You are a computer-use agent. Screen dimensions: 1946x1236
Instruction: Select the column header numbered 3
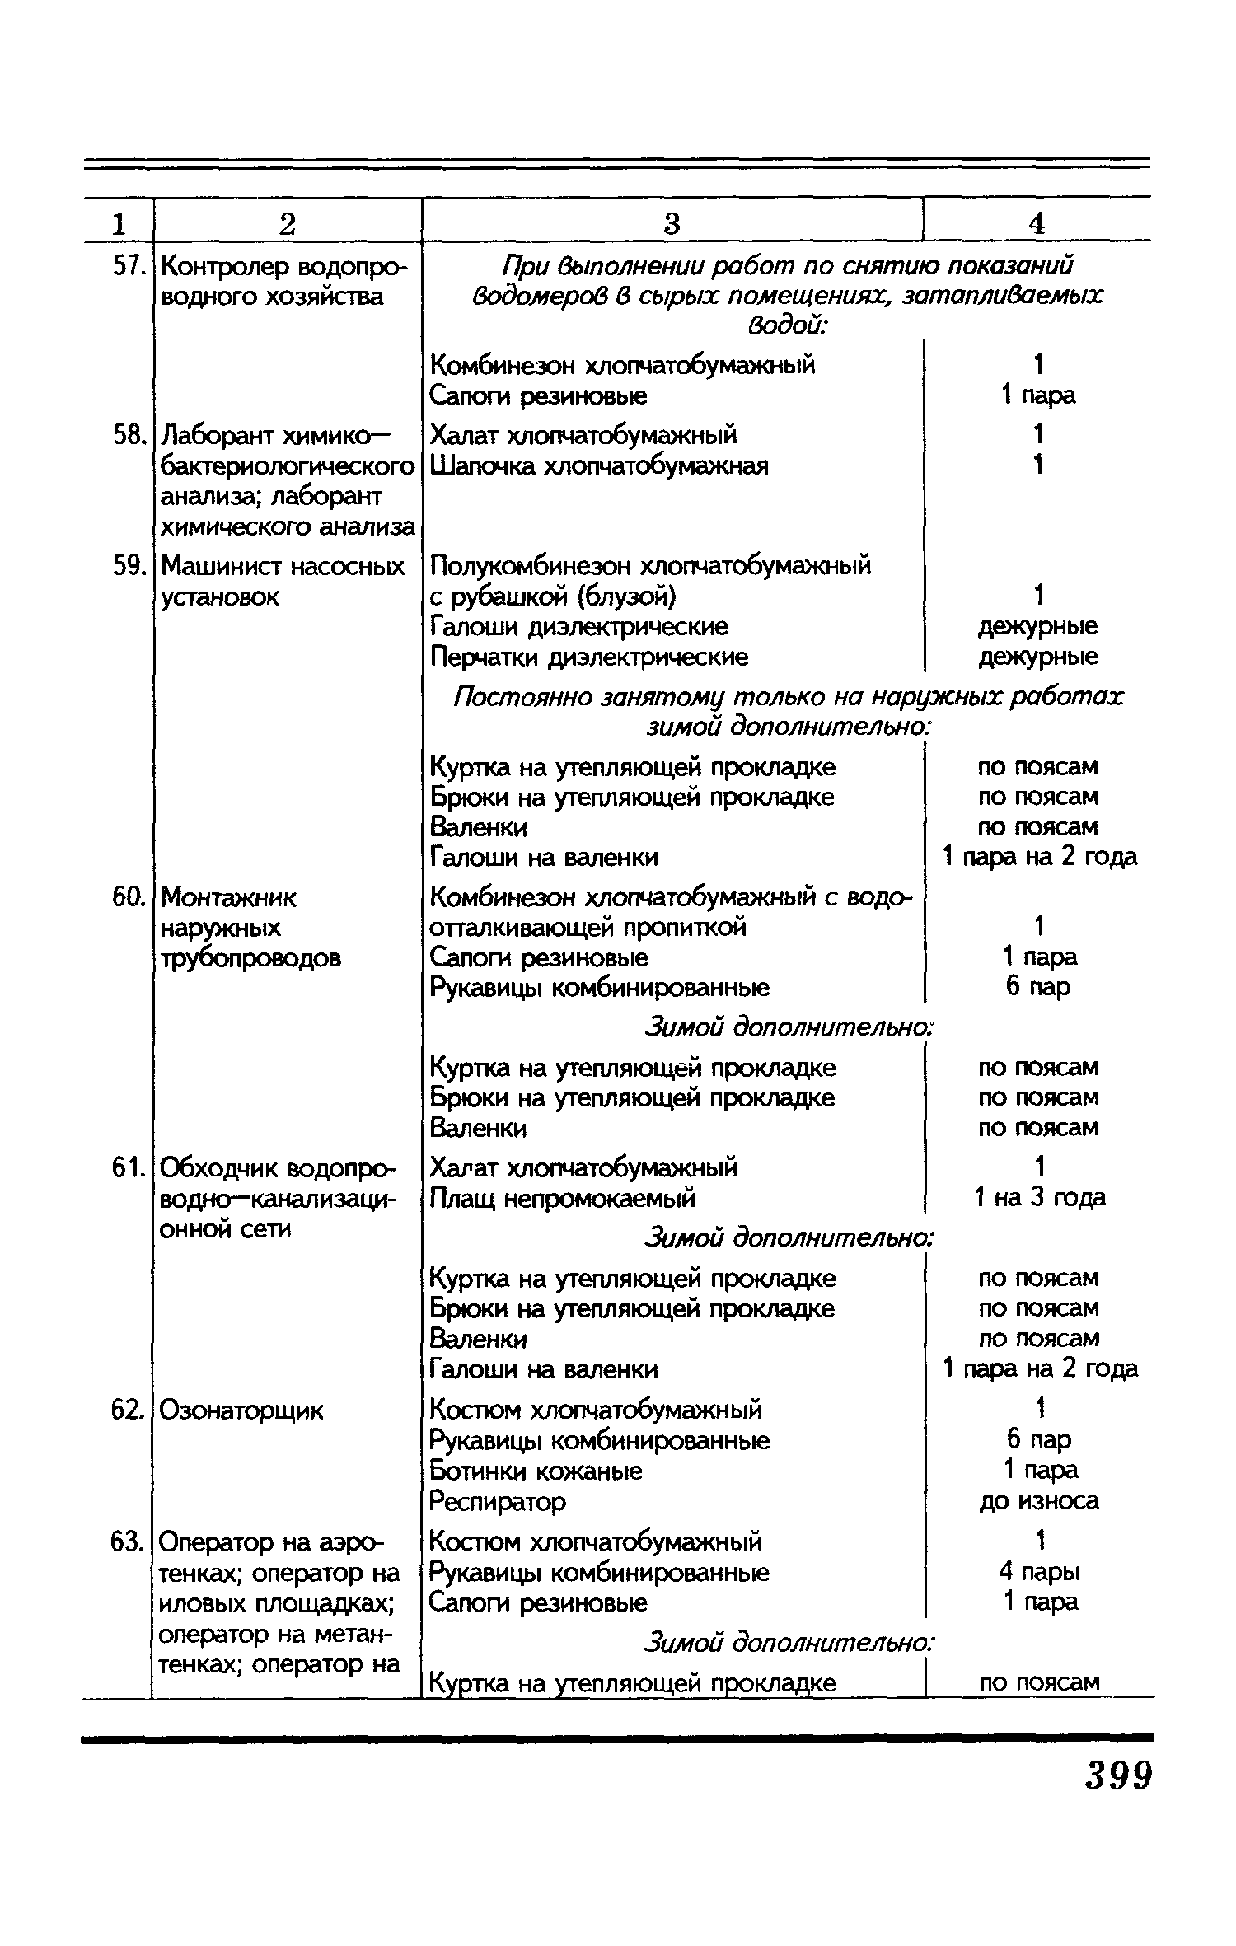[672, 222]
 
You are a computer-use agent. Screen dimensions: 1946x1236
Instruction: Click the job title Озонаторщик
[241, 1410]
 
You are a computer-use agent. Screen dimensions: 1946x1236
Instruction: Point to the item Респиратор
[498, 1502]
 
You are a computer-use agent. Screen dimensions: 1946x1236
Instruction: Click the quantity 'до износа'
[1038, 1501]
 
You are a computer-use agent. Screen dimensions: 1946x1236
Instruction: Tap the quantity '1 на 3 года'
[1039, 1197]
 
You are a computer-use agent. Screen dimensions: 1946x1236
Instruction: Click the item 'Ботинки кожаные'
[536, 1471]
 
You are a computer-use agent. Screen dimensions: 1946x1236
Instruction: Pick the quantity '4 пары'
[1038, 1572]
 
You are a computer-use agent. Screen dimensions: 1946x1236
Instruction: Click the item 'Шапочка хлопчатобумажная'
[599, 466]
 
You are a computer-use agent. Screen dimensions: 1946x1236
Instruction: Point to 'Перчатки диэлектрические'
[589, 657]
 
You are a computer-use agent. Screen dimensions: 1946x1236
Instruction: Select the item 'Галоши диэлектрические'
[579, 627]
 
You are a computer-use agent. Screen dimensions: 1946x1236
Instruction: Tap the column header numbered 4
[1037, 222]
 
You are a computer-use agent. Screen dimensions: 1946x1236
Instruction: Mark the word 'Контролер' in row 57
[221, 266]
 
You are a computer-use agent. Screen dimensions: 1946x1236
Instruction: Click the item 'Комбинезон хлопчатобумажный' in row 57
[623, 364]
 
